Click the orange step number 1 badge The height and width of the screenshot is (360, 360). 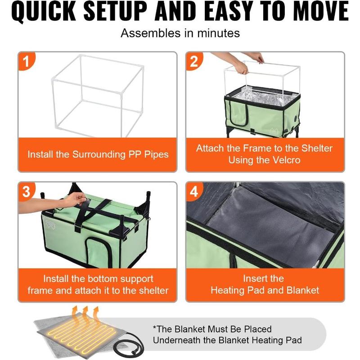click(26, 61)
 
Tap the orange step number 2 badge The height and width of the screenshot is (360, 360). click(194, 61)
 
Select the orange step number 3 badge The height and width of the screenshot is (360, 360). click(26, 191)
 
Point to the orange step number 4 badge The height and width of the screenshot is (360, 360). click(194, 191)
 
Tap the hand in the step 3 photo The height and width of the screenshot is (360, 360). click(73, 199)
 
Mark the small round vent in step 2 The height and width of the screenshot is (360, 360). click(296, 119)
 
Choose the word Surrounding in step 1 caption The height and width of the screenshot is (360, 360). click(99, 155)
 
